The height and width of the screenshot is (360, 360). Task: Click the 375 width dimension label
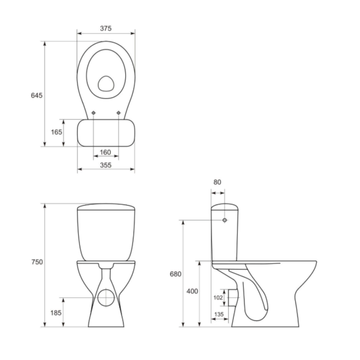click(105, 29)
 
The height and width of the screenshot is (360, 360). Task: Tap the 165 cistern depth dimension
click(57, 132)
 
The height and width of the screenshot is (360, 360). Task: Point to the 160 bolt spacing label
click(105, 152)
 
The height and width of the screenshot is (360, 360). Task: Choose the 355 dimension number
click(105, 165)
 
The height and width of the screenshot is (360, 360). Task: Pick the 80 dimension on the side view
click(218, 182)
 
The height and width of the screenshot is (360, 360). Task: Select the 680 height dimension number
click(175, 274)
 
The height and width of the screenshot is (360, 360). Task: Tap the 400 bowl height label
click(192, 292)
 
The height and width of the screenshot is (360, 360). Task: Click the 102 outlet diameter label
click(218, 297)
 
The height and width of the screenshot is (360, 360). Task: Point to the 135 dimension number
click(220, 315)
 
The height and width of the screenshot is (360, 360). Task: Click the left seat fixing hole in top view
click(93, 113)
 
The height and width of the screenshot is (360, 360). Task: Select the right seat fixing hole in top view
click(118, 113)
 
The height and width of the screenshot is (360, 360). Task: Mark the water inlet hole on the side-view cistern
click(225, 220)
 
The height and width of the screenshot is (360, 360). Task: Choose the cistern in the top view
click(105, 132)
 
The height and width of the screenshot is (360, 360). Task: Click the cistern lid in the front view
click(105, 208)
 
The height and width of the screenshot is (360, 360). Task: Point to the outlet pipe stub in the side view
click(235, 297)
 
